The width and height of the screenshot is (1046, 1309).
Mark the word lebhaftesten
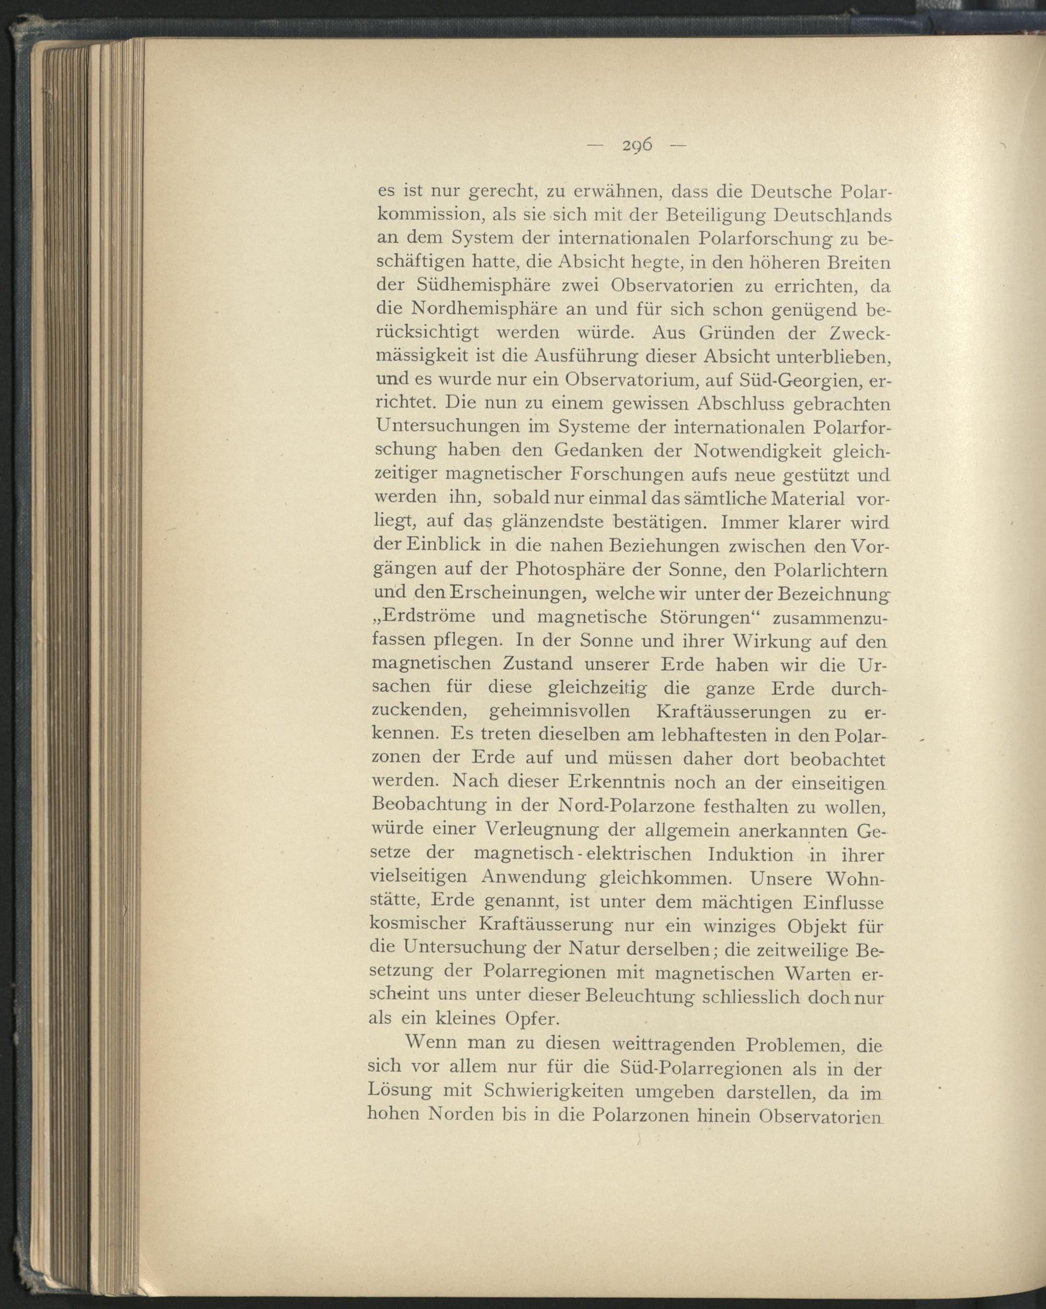pyautogui.click(x=714, y=735)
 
